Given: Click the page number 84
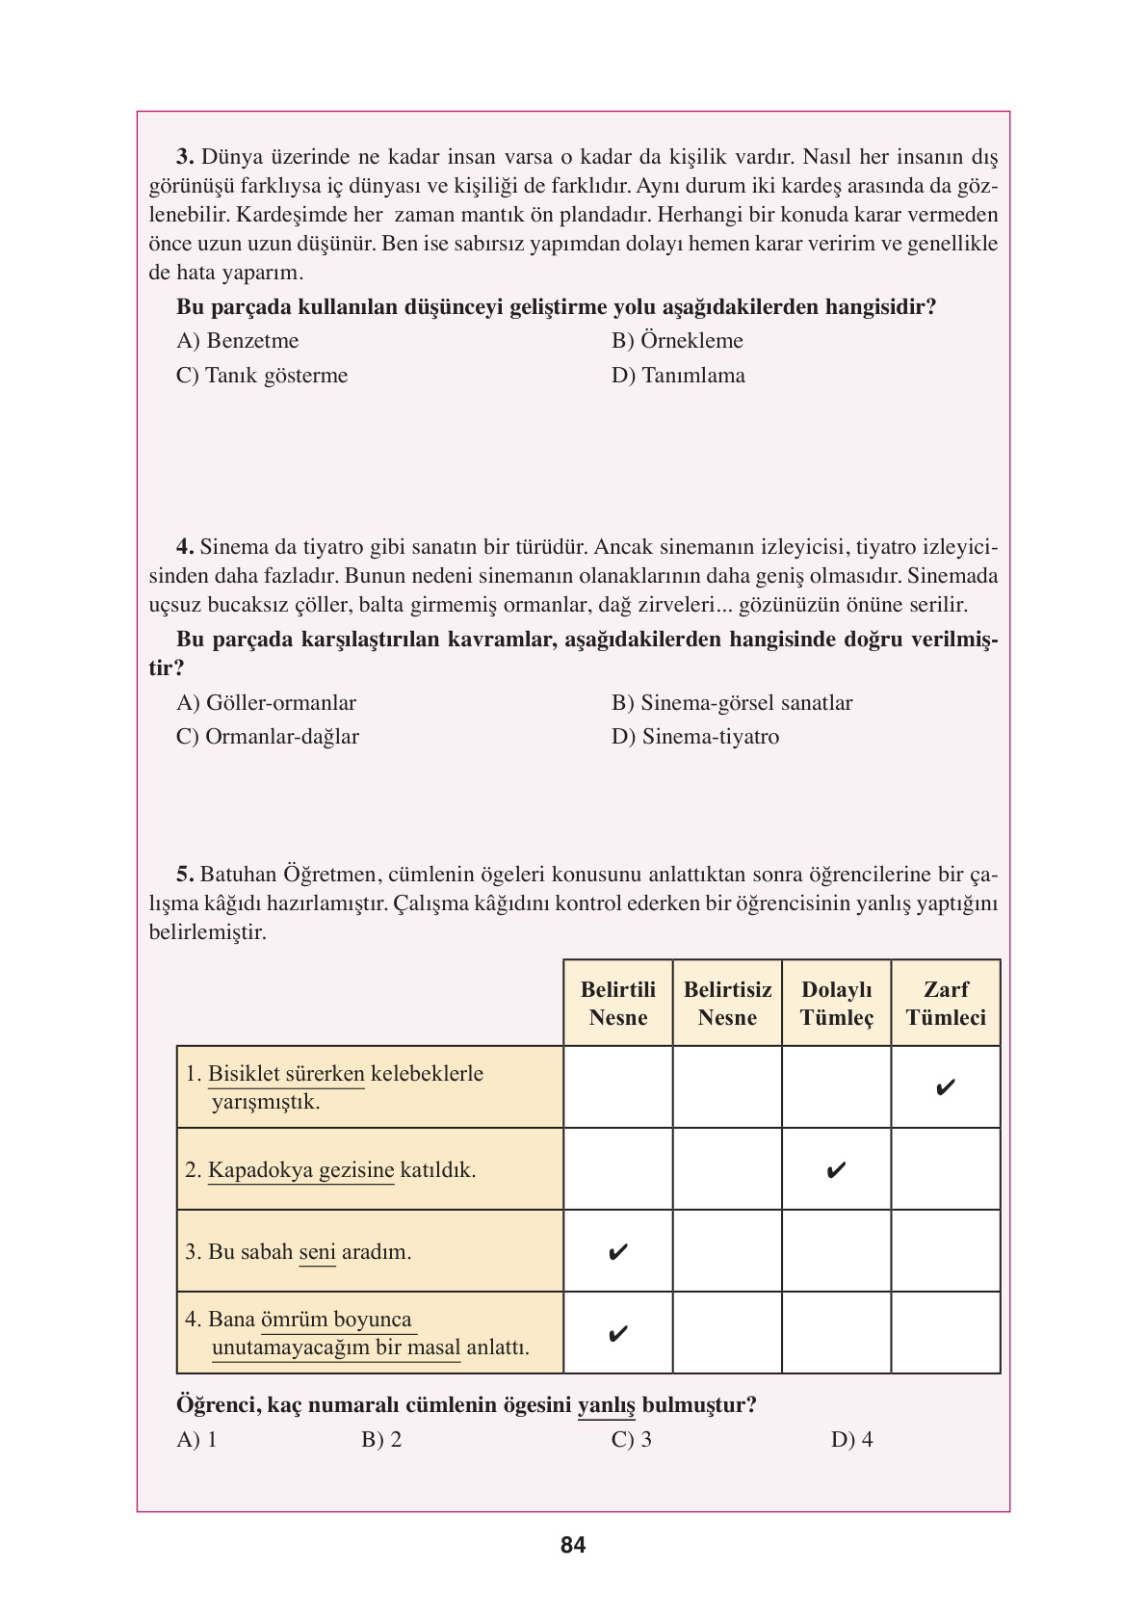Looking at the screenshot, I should coord(572,1545).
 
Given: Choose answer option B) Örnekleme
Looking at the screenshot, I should coord(677,341).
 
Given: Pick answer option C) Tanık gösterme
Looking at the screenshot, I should coord(262,376).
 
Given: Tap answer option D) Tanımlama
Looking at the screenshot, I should coord(678,376).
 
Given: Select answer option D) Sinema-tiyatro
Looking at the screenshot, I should coord(695,737).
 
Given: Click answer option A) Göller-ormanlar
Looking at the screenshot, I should coord(266,703).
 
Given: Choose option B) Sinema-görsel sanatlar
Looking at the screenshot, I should coord(732,703).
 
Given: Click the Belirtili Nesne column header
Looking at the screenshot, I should coord(617,1004).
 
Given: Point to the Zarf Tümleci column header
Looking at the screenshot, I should coord(946,1004).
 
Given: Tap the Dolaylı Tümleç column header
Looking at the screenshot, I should coord(836,1004).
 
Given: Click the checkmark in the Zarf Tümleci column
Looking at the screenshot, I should coord(946,1088).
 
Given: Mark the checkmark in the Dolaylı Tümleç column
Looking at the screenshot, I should coord(836,1170).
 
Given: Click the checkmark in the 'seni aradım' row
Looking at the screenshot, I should coord(618,1252).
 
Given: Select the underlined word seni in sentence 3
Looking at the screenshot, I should coord(317,1252).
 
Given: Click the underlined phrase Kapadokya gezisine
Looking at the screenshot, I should coord(300,1170).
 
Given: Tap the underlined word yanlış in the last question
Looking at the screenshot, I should coord(606,1405).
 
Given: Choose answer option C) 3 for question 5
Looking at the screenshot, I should coord(632,1440).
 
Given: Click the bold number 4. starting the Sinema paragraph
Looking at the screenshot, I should coord(185,547).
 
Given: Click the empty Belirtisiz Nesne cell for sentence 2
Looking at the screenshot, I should coord(727,1170).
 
